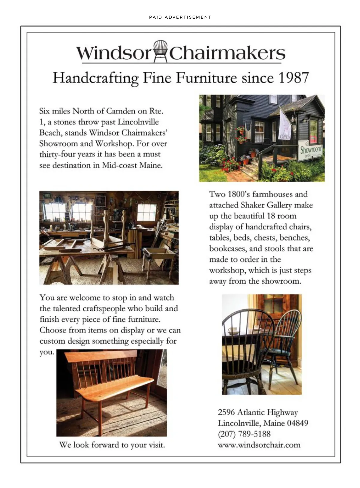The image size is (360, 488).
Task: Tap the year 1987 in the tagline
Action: (293, 78)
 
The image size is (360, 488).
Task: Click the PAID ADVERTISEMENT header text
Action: (180, 17)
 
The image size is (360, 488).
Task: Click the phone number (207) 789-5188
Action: (244, 434)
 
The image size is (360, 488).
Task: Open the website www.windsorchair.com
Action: (259, 445)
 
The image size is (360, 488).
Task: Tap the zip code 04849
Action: (297, 423)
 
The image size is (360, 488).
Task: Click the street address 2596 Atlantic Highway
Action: (258, 412)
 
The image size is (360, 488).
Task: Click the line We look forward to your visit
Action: (112, 445)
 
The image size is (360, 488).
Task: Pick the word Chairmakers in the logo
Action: (227, 53)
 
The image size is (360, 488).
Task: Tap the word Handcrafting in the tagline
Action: (95, 78)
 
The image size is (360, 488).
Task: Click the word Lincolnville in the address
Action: (238, 423)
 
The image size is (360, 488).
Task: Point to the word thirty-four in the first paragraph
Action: (57, 155)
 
